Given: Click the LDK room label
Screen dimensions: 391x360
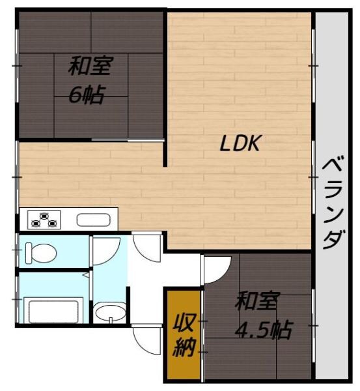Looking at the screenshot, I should tap(239, 143).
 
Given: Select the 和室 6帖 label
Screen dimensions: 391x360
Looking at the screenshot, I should tap(89, 80).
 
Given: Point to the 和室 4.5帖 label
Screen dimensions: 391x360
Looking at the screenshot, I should tap(262, 315).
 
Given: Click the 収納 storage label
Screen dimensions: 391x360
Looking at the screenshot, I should tap(184, 336).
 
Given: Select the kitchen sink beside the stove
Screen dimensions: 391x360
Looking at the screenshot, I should tap(94, 220).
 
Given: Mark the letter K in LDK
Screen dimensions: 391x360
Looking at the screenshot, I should tap(253, 143).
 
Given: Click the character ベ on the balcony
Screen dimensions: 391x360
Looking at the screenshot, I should tap(333, 167).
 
